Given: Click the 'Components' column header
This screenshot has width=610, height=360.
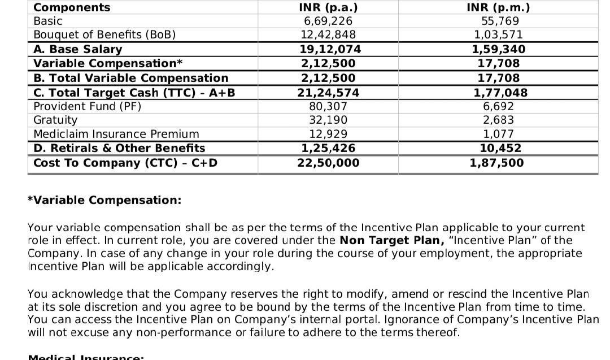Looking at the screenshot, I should click(x=72, y=7).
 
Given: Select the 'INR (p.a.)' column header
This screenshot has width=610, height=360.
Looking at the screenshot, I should click(x=328, y=7).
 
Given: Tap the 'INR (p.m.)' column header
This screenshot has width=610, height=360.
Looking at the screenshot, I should click(x=498, y=7).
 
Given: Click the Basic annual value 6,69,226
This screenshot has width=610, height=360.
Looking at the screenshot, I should click(x=328, y=21).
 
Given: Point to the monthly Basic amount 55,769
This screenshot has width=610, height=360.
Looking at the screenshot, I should click(x=498, y=21).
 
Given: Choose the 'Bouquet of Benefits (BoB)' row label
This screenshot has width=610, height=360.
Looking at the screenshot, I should click(x=104, y=35).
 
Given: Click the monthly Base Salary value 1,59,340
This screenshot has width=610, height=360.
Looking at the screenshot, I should click(x=498, y=49).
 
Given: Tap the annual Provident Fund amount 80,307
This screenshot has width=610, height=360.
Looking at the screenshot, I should click(x=328, y=106).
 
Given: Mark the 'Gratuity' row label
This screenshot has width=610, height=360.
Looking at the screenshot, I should click(x=55, y=120).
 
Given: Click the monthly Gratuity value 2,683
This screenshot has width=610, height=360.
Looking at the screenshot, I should click(x=498, y=120).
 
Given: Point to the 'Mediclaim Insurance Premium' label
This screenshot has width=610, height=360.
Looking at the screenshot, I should click(x=116, y=134).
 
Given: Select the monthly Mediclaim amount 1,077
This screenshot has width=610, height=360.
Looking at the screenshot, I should click(x=498, y=134).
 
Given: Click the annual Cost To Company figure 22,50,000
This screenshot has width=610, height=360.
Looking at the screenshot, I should click(x=328, y=163).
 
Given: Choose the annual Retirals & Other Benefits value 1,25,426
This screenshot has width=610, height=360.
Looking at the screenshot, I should click(x=328, y=148).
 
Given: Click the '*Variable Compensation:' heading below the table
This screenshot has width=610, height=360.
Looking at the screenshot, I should click(x=104, y=200).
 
